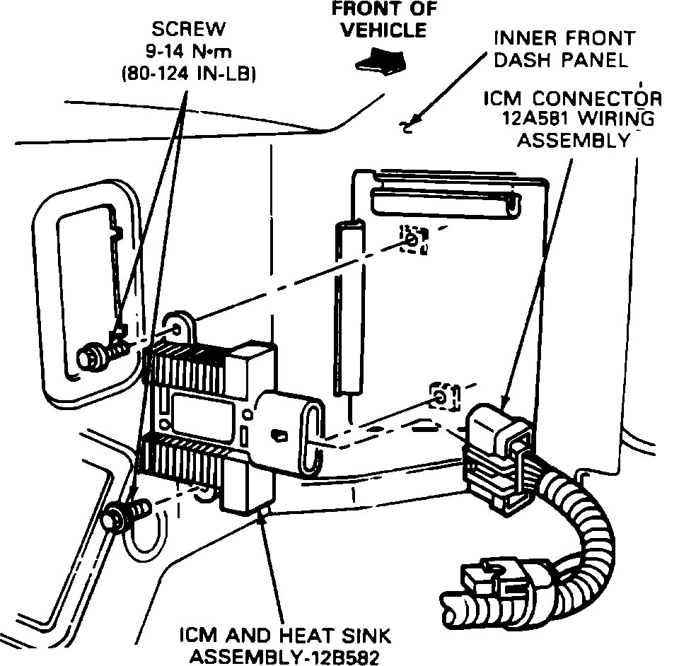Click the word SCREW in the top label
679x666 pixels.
[187, 29]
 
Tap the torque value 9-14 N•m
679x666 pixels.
[188, 52]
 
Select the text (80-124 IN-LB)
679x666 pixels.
[188, 74]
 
